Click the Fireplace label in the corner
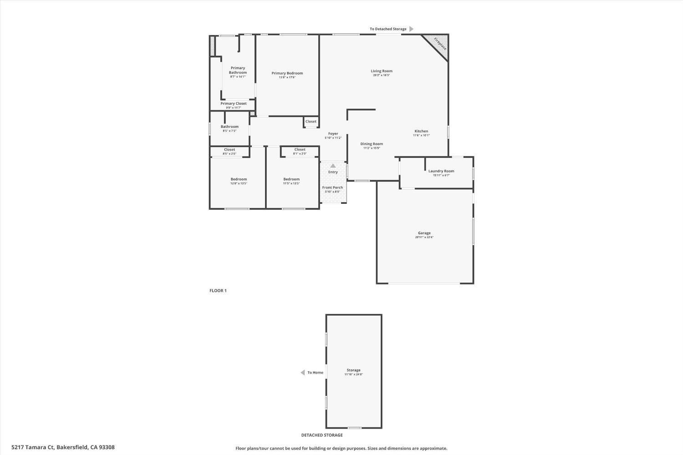[x=440, y=44]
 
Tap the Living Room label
[x=381, y=71]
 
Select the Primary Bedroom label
[x=287, y=73]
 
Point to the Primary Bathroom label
[x=238, y=70]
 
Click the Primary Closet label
[x=234, y=104]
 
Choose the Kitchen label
[x=421, y=131]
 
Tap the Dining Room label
[x=372, y=144]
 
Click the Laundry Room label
[x=441, y=171]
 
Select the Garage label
[x=424, y=233]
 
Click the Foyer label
[x=333, y=134]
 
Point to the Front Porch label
[x=332, y=187]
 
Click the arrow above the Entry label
[x=333, y=166]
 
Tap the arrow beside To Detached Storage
[x=411, y=29]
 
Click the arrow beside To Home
[x=302, y=373]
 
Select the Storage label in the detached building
[x=353, y=370]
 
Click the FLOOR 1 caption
[x=218, y=291]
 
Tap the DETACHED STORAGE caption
[x=322, y=435]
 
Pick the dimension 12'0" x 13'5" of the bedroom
[x=239, y=183]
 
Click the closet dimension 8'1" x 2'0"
[x=300, y=154]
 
